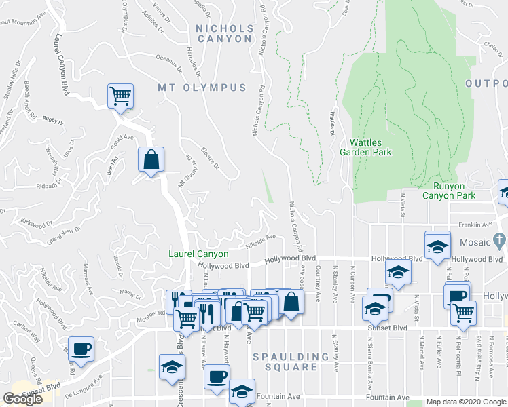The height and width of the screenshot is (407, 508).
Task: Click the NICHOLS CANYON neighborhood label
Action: coord(223,34)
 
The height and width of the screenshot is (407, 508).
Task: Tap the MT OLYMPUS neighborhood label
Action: coord(202,88)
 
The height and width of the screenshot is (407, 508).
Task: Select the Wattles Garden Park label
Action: coord(371,147)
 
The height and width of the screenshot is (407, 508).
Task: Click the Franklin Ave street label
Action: coord(474,225)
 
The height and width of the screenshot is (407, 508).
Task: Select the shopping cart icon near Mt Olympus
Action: coord(120,96)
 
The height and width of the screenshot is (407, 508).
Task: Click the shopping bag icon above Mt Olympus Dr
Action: coord(151,160)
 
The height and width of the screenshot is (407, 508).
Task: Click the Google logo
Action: coord(23,399)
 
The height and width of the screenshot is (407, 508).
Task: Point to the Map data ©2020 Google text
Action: coord(465,402)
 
